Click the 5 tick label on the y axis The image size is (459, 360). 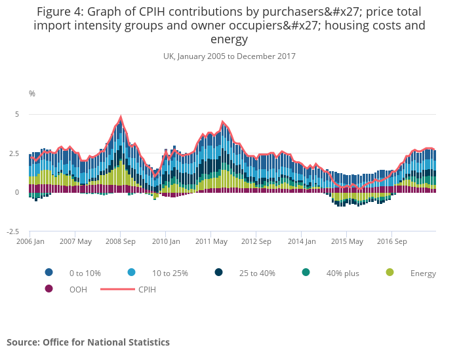coord(17,114)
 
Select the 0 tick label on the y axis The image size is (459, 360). coord(17,192)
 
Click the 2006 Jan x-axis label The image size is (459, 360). coord(30,241)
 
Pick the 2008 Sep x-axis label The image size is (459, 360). coord(121,241)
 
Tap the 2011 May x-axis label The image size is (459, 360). coord(211,241)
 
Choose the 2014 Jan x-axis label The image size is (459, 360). coord(302,241)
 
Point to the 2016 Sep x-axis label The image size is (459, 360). coord(391,241)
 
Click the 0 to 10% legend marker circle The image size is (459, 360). coord(49,272)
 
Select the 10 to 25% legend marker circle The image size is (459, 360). coord(132,272)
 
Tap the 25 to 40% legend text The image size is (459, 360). coord(257,273)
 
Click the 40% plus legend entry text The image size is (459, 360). coord(342,273)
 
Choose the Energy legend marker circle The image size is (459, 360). coord(390,272)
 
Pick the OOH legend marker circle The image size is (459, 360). coord(49,289)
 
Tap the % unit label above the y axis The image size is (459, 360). coord(32,94)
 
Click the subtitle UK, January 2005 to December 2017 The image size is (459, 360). coord(229,56)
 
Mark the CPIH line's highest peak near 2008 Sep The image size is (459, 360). coord(121,117)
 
